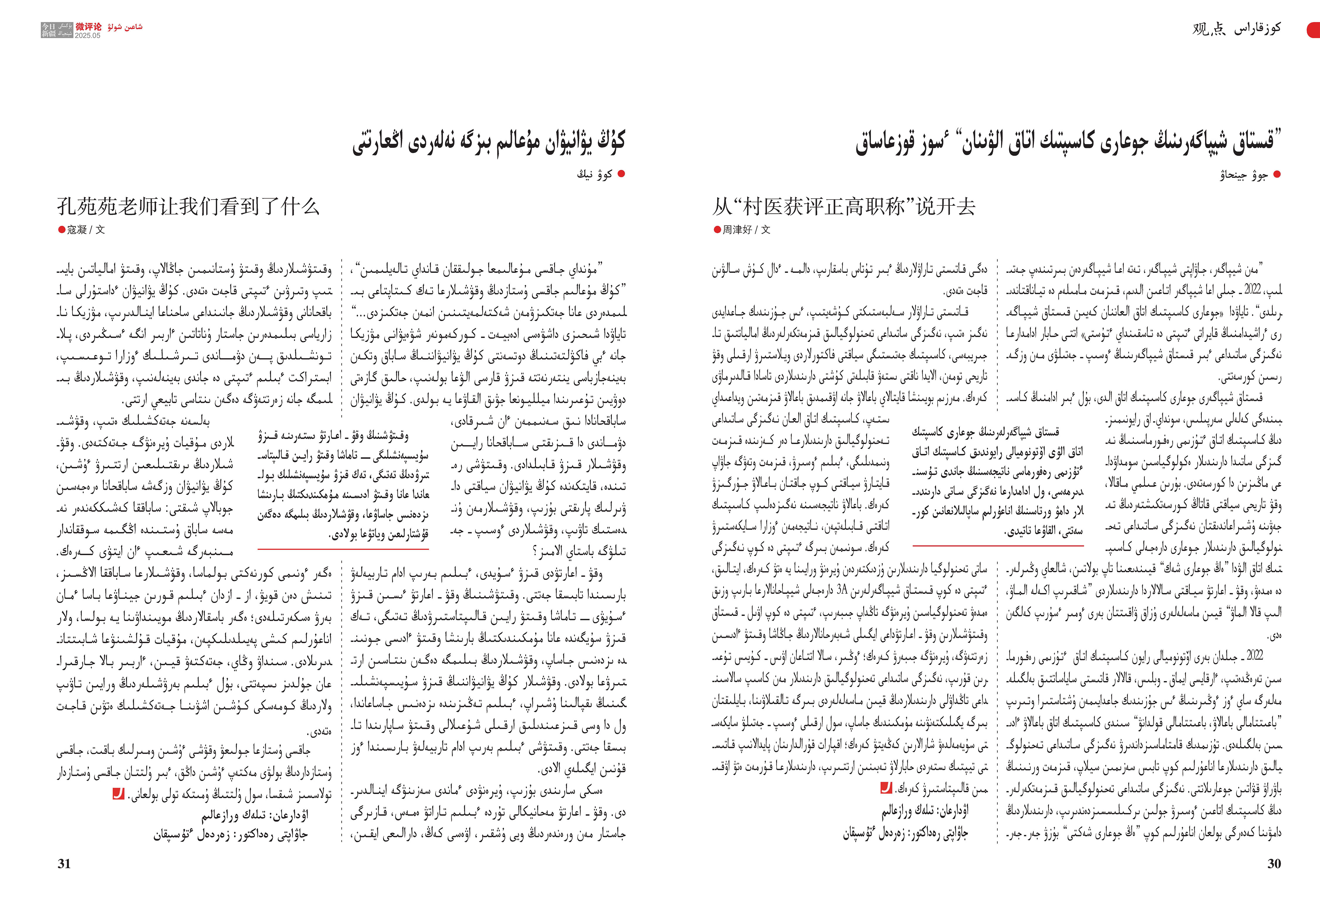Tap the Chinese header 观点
pos(1209,28)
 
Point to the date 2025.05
pos(87,35)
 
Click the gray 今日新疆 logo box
pos(57,30)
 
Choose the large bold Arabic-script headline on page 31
pos(488,142)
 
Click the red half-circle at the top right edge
pos(1314,30)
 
